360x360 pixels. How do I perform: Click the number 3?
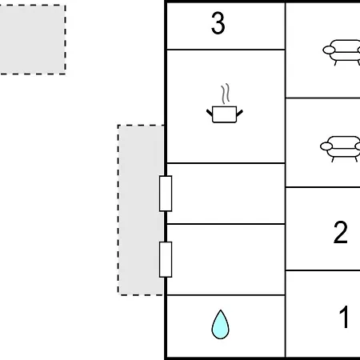[218, 23]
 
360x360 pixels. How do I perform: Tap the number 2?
[341, 232]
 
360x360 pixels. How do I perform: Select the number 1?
[344, 317]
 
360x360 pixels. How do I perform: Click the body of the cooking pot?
[224, 114]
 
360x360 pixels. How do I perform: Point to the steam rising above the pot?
[226, 94]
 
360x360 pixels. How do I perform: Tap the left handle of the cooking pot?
[210, 113]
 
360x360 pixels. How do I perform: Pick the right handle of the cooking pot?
[239, 113]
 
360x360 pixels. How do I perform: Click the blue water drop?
[220, 325]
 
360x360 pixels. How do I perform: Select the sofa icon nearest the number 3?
[342, 53]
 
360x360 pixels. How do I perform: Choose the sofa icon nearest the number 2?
[340, 149]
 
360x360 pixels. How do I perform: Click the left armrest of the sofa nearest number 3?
[329, 50]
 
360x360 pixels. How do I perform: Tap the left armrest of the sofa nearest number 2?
[326, 146]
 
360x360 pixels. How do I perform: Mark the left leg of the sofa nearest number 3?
[336, 63]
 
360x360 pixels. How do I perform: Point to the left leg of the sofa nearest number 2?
[334, 159]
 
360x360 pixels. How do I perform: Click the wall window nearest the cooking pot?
[166, 194]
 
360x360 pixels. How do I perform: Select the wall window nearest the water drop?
[166, 259]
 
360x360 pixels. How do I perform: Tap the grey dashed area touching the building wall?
[141, 210]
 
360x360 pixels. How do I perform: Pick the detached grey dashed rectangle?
[33, 39]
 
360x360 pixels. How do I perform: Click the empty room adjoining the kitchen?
[226, 194]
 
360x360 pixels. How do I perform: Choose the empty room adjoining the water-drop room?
[226, 260]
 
